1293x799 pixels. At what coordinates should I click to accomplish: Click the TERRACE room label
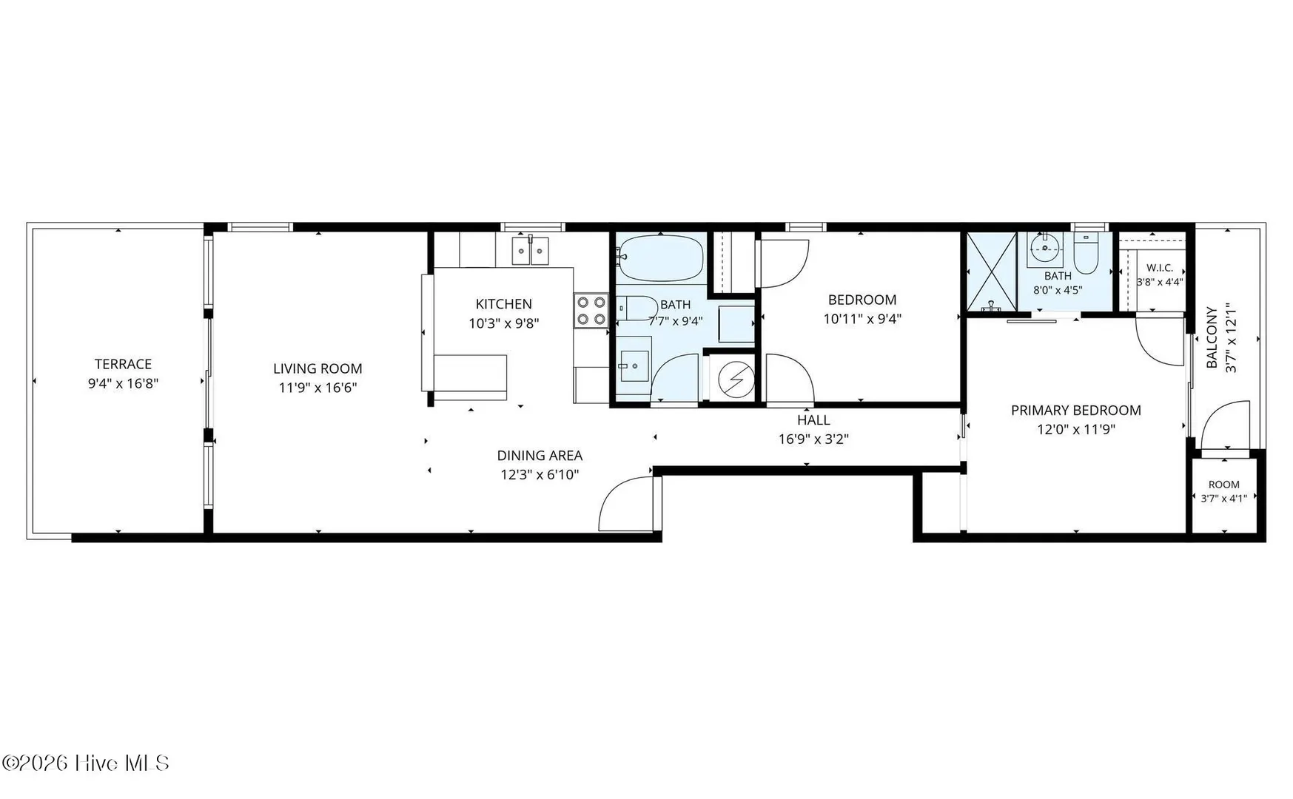[123, 364]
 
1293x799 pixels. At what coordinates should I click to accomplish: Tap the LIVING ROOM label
[318, 368]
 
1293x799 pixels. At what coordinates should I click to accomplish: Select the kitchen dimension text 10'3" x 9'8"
[504, 323]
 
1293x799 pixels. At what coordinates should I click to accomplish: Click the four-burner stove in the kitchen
[591, 311]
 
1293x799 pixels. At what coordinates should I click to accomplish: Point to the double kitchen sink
[531, 251]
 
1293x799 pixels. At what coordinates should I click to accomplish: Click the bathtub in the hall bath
[660, 257]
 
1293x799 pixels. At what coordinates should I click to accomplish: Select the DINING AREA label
[540, 456]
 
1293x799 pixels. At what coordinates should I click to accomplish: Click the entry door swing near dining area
[628, 505]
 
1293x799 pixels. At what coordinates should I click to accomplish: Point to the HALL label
[813, 420]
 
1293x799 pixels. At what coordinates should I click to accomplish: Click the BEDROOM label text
[862, 300]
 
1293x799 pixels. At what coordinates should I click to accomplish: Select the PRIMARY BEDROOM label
[1076, 411]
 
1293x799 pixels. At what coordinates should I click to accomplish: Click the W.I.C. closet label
[1160, 268]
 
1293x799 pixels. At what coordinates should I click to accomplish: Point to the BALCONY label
[1212, 337]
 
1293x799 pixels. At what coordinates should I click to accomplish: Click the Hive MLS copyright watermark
[86, 763]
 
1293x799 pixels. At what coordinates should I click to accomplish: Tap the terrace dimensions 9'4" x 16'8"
[123, 383]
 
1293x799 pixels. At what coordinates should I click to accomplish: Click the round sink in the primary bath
[1044, 249]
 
